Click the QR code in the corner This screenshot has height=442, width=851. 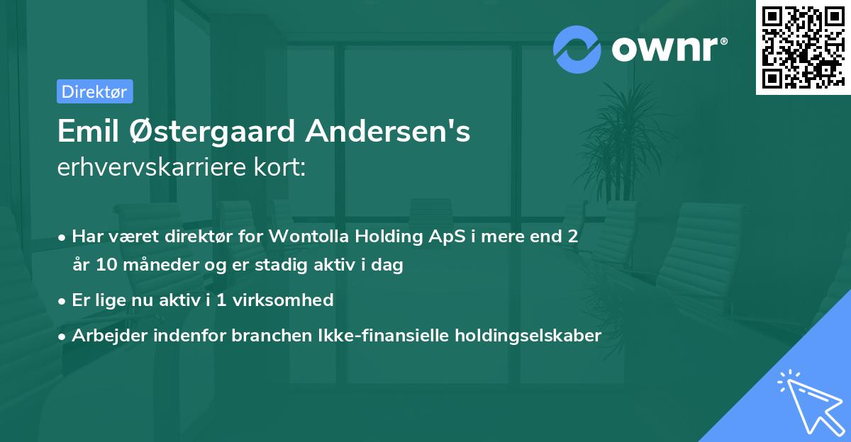pos(803,47)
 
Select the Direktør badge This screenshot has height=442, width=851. pos(94,91)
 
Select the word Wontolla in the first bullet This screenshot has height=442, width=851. pos(308,237)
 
